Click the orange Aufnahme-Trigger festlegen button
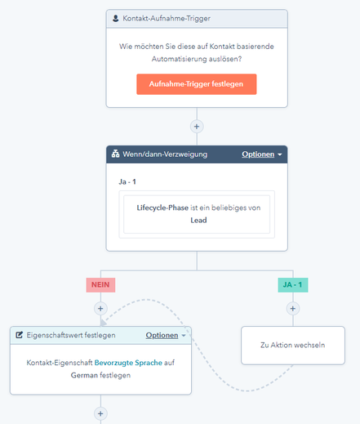tap(197, 84)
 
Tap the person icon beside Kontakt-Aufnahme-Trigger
tap(116, 19)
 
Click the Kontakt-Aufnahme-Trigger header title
tap(167, 19)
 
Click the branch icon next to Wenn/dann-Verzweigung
tap(115, 154)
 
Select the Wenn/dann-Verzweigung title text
tap(165, 154)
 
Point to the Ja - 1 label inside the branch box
tap(127, 181)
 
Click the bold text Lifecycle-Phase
tap(162, 208)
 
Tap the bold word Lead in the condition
tap(198, 220)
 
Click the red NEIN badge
tap(100, 285)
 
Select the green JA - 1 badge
tap(293, 285)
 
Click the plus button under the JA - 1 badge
tap(293, 309)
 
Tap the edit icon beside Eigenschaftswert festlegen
tap(19, 335)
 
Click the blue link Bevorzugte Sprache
tap(128, 363)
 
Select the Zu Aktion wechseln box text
tap(293, 345)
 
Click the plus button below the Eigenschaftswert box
tap(100, 413)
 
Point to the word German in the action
tap(84, 375)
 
